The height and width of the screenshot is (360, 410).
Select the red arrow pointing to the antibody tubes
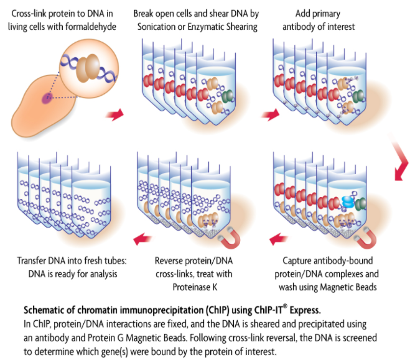coord(269,114)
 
